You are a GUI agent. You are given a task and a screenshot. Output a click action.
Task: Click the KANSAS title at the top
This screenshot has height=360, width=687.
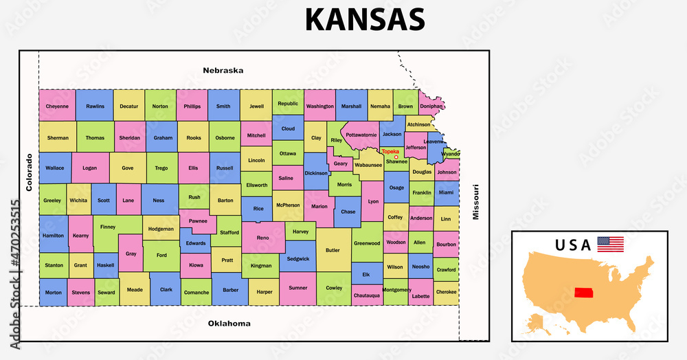(x=365, y=19)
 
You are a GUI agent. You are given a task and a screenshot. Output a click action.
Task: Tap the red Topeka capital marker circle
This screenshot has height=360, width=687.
(x=396, y=157)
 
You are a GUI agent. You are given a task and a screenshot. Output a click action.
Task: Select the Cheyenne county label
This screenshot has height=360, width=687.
(x=57, y=106)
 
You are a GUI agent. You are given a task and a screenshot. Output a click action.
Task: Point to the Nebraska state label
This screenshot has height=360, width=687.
(x=223, y=70)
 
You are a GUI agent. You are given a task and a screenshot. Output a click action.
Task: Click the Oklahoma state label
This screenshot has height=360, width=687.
(x=229, y=323)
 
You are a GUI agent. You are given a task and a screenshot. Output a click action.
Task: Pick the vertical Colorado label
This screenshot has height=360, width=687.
(x=29, y=172)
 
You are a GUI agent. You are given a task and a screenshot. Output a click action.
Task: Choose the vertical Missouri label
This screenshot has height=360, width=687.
(x=475, y=202)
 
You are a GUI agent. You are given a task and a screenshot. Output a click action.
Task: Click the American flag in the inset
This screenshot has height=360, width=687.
(x=610, y=244)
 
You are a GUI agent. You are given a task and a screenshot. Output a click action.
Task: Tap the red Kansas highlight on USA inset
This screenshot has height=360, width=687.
(x=584, y=293)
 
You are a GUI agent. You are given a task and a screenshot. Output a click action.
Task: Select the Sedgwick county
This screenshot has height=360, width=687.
(x=298, y=259)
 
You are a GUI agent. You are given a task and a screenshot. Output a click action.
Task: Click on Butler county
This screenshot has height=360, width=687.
(x=333, y=251)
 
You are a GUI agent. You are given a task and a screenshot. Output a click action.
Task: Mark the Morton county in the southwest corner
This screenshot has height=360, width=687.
(x=53, y=292)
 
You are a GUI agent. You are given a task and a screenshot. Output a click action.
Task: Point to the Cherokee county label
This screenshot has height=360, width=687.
(x=447, y=292)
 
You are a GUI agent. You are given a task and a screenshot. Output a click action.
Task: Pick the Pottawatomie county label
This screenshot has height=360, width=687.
(x=361, y=135)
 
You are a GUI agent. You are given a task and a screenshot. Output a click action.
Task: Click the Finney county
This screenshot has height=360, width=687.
(x=108, y=227)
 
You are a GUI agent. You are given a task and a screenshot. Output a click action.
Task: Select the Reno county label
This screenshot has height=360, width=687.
(x=263, y=237)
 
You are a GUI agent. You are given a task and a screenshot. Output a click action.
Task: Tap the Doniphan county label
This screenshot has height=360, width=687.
(x=431, y=106)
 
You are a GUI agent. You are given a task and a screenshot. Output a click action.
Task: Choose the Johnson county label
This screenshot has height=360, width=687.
(x=447, y=172)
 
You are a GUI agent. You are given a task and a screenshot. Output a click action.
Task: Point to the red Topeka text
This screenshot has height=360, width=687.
(x=390, y=151)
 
